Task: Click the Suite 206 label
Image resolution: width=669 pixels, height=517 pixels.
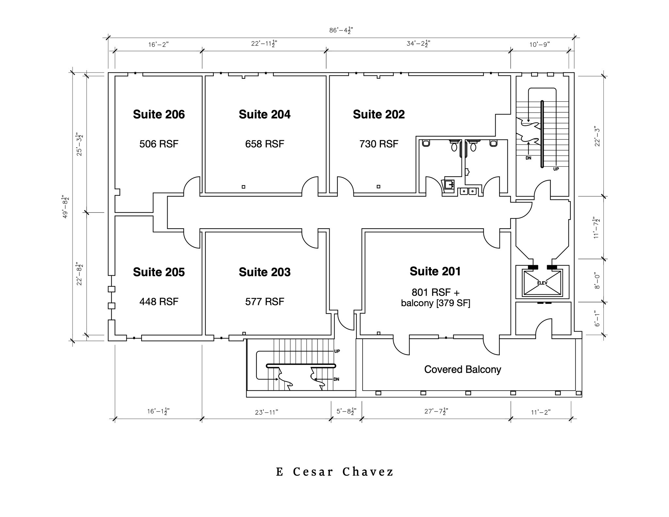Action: (x=159, y=114)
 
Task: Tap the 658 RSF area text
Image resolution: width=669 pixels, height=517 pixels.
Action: (x=265, y=144)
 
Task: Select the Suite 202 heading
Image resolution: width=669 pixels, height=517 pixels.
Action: (x=379, y=114)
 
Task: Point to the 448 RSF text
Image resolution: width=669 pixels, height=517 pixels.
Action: (x=159, y=301)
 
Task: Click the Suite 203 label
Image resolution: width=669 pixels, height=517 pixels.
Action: (x=265, y=272)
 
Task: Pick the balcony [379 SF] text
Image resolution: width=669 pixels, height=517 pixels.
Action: (x=435, y=303)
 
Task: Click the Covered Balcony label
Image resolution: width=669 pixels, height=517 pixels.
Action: (x=463, y=369)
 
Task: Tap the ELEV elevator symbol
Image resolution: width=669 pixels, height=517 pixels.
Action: (x=542, y=283)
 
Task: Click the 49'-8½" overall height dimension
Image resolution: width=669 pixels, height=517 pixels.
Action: (x=65, y=207)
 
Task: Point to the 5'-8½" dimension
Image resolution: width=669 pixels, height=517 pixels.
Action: (x=346, y=412)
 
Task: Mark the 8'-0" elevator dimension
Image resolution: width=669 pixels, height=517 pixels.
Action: (x=597, y=281)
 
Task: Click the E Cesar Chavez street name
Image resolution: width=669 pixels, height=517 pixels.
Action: (x=335, y=472)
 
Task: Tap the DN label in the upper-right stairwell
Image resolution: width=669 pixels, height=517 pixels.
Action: (x=528, y=158)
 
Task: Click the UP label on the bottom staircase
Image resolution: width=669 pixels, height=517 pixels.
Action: (x=337, y=351)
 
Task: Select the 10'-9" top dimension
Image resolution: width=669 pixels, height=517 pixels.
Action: (x=540, y=44)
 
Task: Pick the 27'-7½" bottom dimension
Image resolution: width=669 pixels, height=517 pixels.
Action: (x=436, y=412)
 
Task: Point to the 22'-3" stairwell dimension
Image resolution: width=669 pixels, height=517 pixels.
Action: (x=597, y=136)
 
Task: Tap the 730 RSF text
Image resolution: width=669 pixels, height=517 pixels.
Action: (x=379, y=144)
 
